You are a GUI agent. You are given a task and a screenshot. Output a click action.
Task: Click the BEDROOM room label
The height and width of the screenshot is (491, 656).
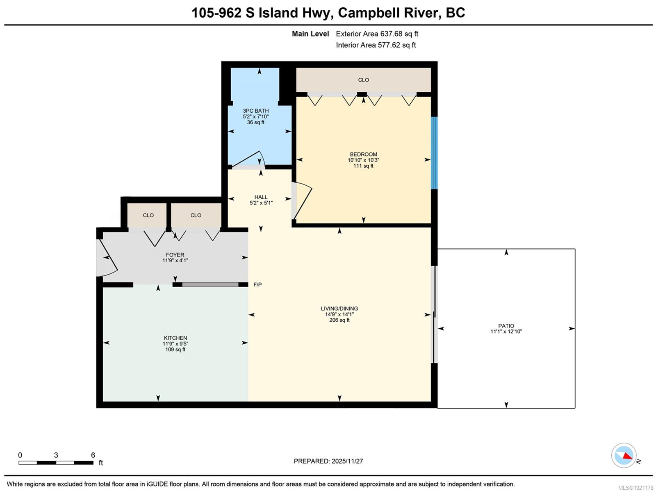click(363, 154)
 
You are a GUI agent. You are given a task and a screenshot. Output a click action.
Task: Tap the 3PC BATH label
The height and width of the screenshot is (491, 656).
click(255, 111)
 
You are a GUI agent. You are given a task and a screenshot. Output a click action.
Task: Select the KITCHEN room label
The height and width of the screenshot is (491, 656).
click(175, 338)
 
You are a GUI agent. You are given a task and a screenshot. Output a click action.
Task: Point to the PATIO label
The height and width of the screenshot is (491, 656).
click(506, 326)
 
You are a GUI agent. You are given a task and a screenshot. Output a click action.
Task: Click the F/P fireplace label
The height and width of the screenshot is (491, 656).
click(257, 284)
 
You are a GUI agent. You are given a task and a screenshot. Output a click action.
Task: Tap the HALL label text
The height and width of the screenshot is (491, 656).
click(261, 197)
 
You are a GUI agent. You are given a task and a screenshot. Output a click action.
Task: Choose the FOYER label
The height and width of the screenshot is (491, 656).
click(175, 255)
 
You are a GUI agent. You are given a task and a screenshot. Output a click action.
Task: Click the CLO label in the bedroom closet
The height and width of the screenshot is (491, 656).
click(363, 80)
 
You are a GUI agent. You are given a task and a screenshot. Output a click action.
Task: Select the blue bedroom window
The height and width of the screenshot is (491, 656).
click(434, 152)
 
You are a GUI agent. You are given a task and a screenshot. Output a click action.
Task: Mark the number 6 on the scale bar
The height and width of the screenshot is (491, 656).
click(93, 455)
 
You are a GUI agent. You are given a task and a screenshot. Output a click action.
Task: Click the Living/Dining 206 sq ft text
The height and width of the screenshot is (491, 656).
click(339, 320)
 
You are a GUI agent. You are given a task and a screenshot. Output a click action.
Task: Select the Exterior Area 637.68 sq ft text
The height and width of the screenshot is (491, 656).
click(377, 34)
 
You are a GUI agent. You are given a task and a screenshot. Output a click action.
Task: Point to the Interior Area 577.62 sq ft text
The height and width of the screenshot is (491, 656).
click(376, 45)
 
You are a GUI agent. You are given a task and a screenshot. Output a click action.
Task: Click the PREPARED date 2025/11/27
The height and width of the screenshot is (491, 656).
click(347, 461)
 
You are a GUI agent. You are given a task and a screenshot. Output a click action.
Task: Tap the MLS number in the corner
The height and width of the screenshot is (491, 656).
click(635, 488)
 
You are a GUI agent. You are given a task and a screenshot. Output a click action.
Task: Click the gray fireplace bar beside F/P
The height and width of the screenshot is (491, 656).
click(210, 284)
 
